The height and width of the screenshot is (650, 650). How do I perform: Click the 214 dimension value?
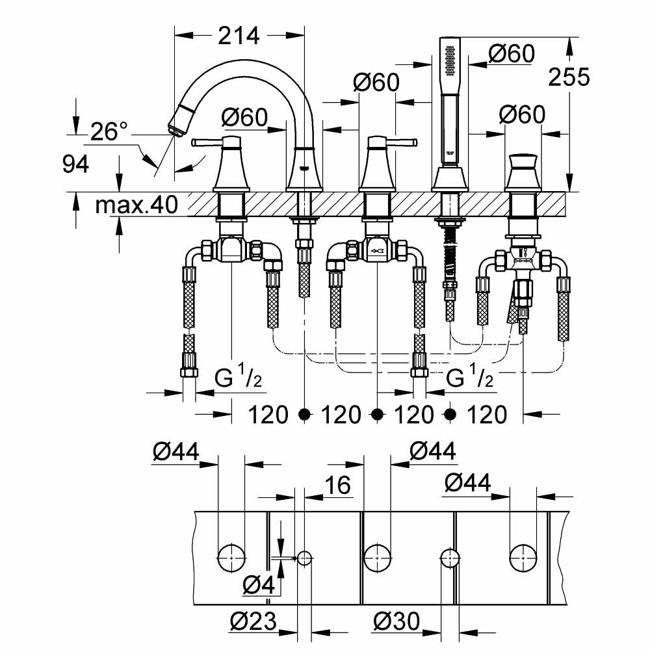[x=239, y=36]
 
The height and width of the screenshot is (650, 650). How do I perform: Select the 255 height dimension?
[x=569, y=77]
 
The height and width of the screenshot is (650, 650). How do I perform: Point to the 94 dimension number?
[x=75, y=164]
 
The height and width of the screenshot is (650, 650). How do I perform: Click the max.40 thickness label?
[x=136, y=206]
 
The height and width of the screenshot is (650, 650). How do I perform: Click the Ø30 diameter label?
[x=396, y=623]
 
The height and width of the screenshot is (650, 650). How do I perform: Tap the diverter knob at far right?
[x=523, y=162]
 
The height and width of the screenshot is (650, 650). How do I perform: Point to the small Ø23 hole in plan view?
[x=305, y=557]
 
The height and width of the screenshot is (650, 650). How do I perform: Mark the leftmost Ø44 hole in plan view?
[x=231, y=557]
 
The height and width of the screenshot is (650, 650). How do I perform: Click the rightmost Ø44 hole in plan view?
[x=523, y=557]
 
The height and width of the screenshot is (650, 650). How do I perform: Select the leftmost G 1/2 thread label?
[x=239, y=378]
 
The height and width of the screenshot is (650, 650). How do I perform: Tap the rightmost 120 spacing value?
[x=486, y=414]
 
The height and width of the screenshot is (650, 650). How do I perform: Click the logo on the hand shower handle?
[x=447, y=155]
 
